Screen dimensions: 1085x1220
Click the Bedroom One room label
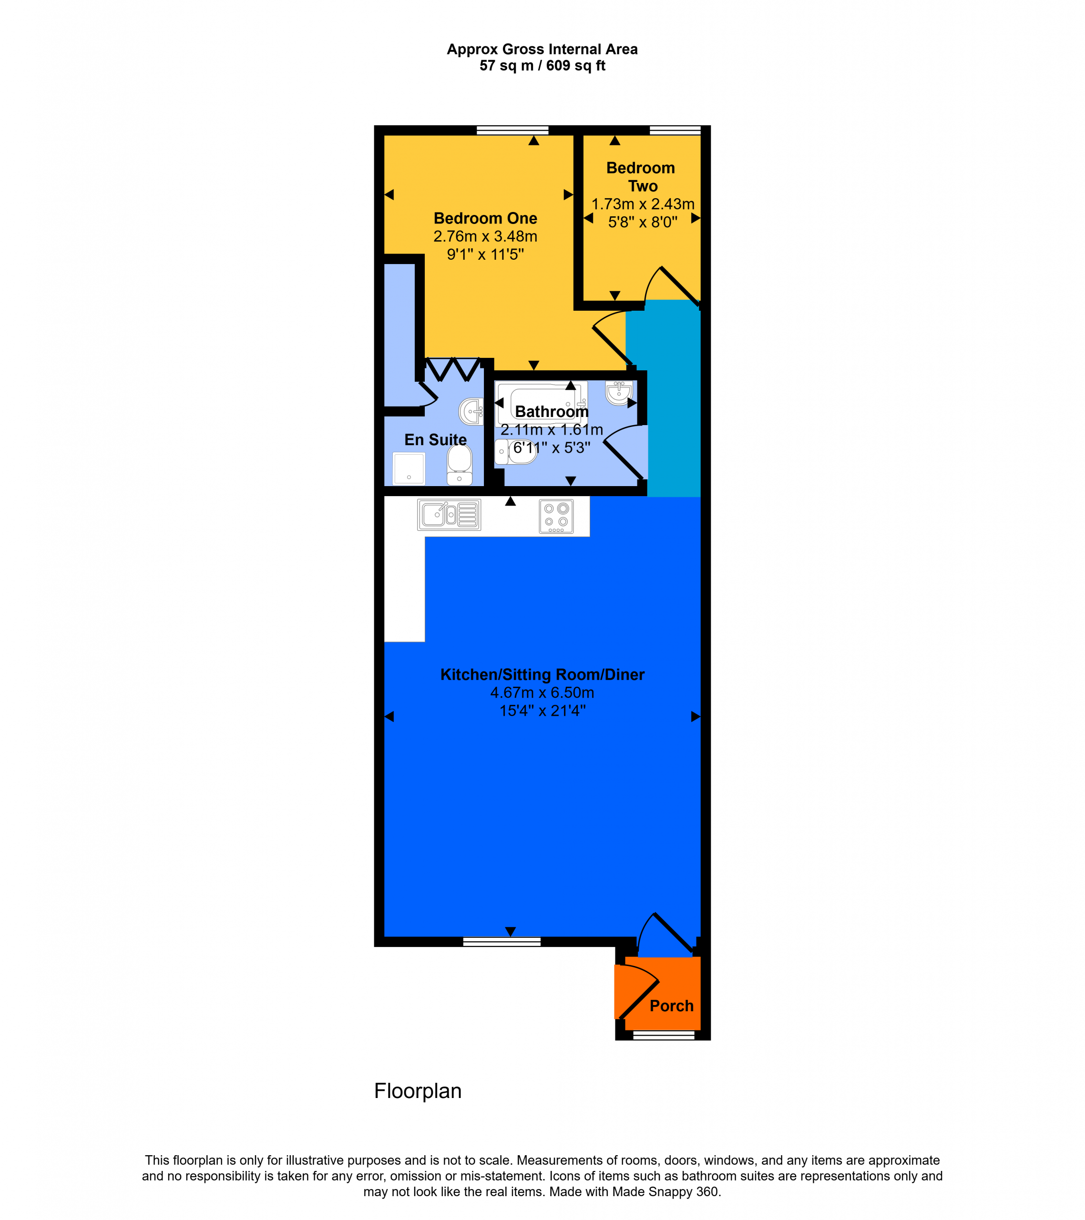[x=485, y=218]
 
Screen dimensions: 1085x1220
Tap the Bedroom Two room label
[x=641, y=177]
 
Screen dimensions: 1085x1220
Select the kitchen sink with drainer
[x=449, y=515]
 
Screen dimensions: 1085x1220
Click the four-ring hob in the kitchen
[x=556, y=516]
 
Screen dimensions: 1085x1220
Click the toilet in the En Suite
[x=459, y=465]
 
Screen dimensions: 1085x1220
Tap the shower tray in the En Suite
[x=409, y=468]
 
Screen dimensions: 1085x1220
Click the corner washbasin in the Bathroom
[x=619, y=393]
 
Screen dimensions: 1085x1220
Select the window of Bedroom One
[x=512, y=130]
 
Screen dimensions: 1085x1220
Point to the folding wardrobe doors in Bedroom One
[x=452, y=369]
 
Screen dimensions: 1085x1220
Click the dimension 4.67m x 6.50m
[x=542, y=692]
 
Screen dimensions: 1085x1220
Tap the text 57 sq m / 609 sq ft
[x=542, y=66]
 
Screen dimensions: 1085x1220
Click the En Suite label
[x=435, y=440]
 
